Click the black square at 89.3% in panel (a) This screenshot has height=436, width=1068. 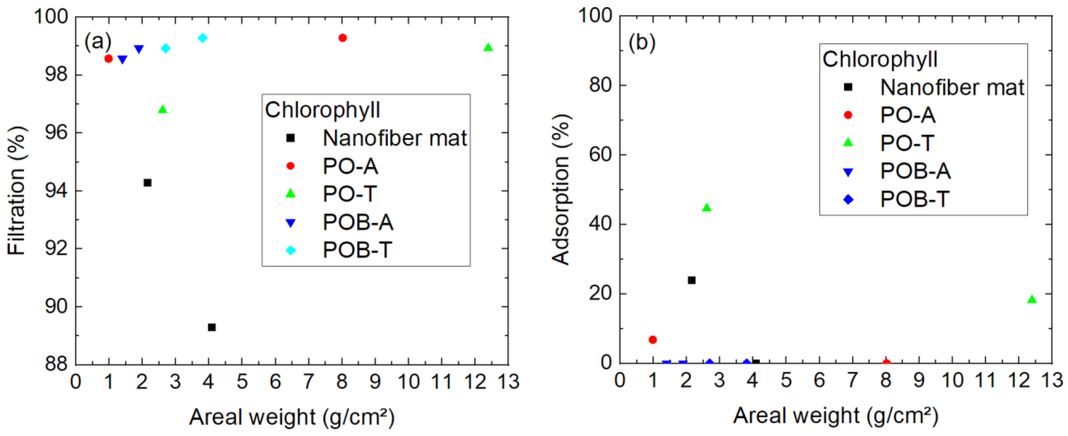click(x=212, y=327)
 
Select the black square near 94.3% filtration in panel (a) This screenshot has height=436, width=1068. click(x=147, y=183)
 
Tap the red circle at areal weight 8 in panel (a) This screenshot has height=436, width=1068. click(x=343, y=38)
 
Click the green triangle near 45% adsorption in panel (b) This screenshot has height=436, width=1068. click(x=707, y=207)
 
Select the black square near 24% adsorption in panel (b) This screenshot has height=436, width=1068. click(x=692, y=280)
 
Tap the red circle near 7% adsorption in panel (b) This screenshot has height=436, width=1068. click(x=653, y=339)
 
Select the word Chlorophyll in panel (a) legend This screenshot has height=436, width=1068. click(x=322, y=110)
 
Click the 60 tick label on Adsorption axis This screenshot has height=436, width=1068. click(x=600, y=154)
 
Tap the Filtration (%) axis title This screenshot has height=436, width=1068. click(x=16, y=191)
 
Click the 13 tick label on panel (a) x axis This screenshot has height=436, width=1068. click(x=508, y=382)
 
